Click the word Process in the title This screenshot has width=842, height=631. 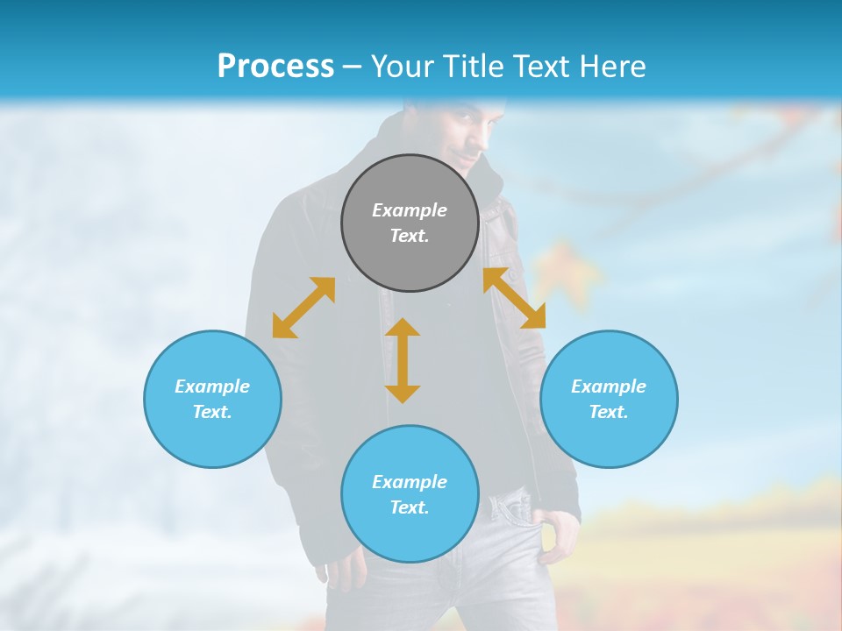[x=275, y=67]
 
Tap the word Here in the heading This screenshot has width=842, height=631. [x=613, y=67]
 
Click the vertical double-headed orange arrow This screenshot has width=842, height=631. [x=403, y=360]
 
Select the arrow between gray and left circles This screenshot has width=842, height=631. [x=303, y=308]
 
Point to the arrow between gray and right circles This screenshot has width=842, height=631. [x=514, y=298]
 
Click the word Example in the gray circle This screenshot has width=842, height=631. [x=410, y=210]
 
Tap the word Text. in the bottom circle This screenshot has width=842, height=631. [x=410, y=507]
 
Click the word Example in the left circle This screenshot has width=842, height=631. [x=212, y=386]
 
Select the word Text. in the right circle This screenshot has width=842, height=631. [x=609, y=412]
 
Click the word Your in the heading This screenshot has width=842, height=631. [x=403, y=67]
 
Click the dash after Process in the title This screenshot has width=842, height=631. [x=353, y=67]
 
